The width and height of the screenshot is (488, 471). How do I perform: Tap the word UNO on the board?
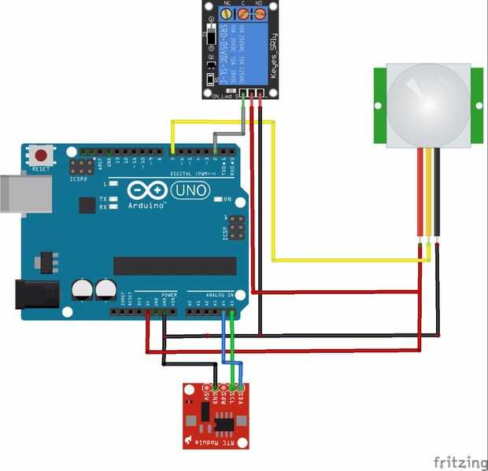pos(188,190)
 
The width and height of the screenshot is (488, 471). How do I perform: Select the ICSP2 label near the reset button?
pos(79,179)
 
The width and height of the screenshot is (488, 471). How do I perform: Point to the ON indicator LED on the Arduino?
pos(217,199)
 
